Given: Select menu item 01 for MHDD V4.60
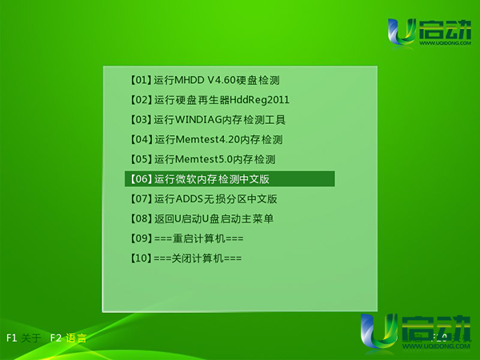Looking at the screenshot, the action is coord(205,80).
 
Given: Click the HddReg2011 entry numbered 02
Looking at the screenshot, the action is coord(210,100).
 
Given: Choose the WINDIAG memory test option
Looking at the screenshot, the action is coord(208,120).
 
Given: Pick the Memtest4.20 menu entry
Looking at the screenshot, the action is coord(206,139).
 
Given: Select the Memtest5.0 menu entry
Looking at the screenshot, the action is coord(202,159).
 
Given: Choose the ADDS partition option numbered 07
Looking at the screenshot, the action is coord(203,199).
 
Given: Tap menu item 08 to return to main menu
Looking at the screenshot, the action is coord(202,218).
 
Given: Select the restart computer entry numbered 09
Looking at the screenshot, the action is coord(186,238).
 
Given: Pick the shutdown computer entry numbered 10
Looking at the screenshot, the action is coord(186,258).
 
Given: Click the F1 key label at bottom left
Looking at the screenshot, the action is coord(12,338).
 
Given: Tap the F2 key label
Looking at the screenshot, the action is coord(56,338).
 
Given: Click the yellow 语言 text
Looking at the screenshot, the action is coord(76,338).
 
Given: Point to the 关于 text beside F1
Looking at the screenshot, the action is coord(31,338).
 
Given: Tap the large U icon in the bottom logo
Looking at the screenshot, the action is coord(378,331).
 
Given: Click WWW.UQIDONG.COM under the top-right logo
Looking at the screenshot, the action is coord(445,43).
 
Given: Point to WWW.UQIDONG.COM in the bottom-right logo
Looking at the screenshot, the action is coord(436,346).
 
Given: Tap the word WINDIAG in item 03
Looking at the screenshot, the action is coord(198,120).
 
